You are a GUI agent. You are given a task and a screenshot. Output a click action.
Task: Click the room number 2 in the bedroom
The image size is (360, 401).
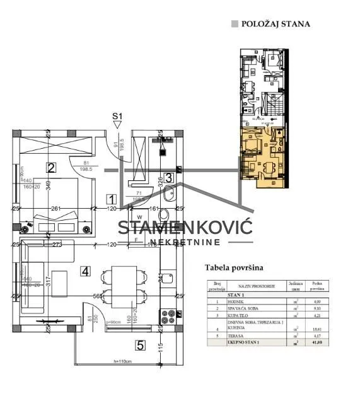(x=52, y=167)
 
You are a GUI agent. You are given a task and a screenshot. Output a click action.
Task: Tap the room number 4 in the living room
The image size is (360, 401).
(x=86, y=271)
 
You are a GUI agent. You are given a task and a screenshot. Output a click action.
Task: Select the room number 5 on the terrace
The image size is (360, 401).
(x=141, y=345)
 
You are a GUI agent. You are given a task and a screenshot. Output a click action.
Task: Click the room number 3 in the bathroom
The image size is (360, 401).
(x=168, y=178)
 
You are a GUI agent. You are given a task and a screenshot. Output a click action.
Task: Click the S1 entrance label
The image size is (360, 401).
(x=117, y=115)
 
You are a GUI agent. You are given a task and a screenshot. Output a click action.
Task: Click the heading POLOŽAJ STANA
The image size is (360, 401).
(x=276, y=24)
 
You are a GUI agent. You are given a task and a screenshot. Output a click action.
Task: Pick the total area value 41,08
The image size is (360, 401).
(x=316, y=342)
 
